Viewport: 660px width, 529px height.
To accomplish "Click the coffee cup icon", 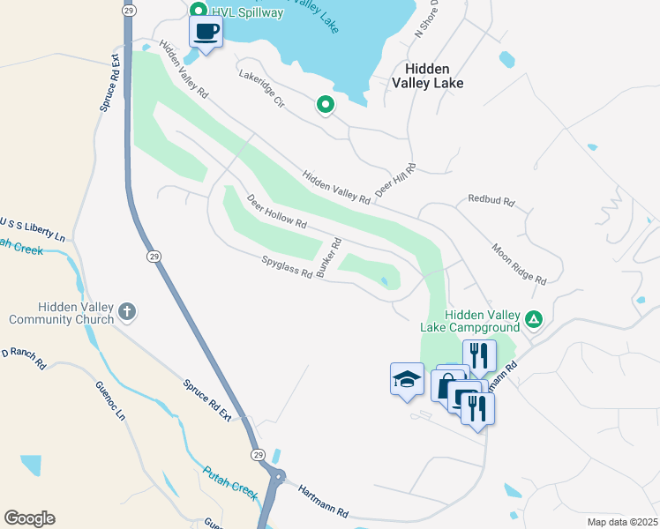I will point(206,33).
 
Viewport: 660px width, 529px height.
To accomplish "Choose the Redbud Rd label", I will point(491,200).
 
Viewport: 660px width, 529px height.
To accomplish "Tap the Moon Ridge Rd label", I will point(519,264).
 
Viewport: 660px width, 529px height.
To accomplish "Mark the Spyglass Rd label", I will point(287,266).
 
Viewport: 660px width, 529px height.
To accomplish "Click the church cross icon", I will point(127,310).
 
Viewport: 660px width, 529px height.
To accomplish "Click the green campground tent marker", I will point(533,318).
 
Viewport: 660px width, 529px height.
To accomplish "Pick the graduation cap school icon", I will point(406,379).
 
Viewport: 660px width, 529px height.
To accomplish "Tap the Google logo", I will point(29,518).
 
